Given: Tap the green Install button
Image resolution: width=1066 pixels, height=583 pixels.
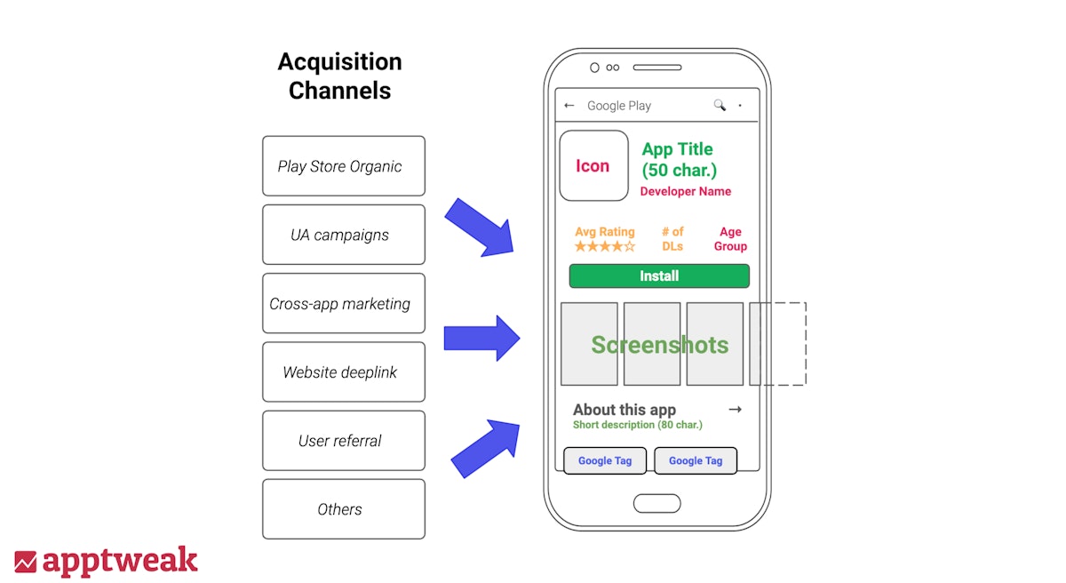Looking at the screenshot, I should coord(659,276).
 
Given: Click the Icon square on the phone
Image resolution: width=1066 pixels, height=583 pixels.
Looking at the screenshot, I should coord(593,166).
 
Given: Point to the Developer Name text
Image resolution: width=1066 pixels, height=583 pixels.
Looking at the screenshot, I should coord(686,191).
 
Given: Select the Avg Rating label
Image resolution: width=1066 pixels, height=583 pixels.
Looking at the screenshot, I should coord(604,232).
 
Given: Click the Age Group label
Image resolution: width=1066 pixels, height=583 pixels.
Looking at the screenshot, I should coord(730,239).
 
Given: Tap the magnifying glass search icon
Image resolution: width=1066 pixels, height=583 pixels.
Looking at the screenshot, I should coord(720,106).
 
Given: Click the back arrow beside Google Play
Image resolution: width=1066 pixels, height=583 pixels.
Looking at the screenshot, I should coord(569,106).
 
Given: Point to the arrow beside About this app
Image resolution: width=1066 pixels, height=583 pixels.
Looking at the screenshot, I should coord(735,410).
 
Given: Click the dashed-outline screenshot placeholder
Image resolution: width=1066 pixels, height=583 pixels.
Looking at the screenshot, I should coord(778,344).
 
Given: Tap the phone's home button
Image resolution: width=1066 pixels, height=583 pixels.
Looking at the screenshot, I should coord(656,504).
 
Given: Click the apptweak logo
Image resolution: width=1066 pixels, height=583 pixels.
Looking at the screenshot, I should coord(106,562).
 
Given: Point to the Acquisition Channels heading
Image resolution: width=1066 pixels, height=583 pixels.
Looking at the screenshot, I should coord(340,76).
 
